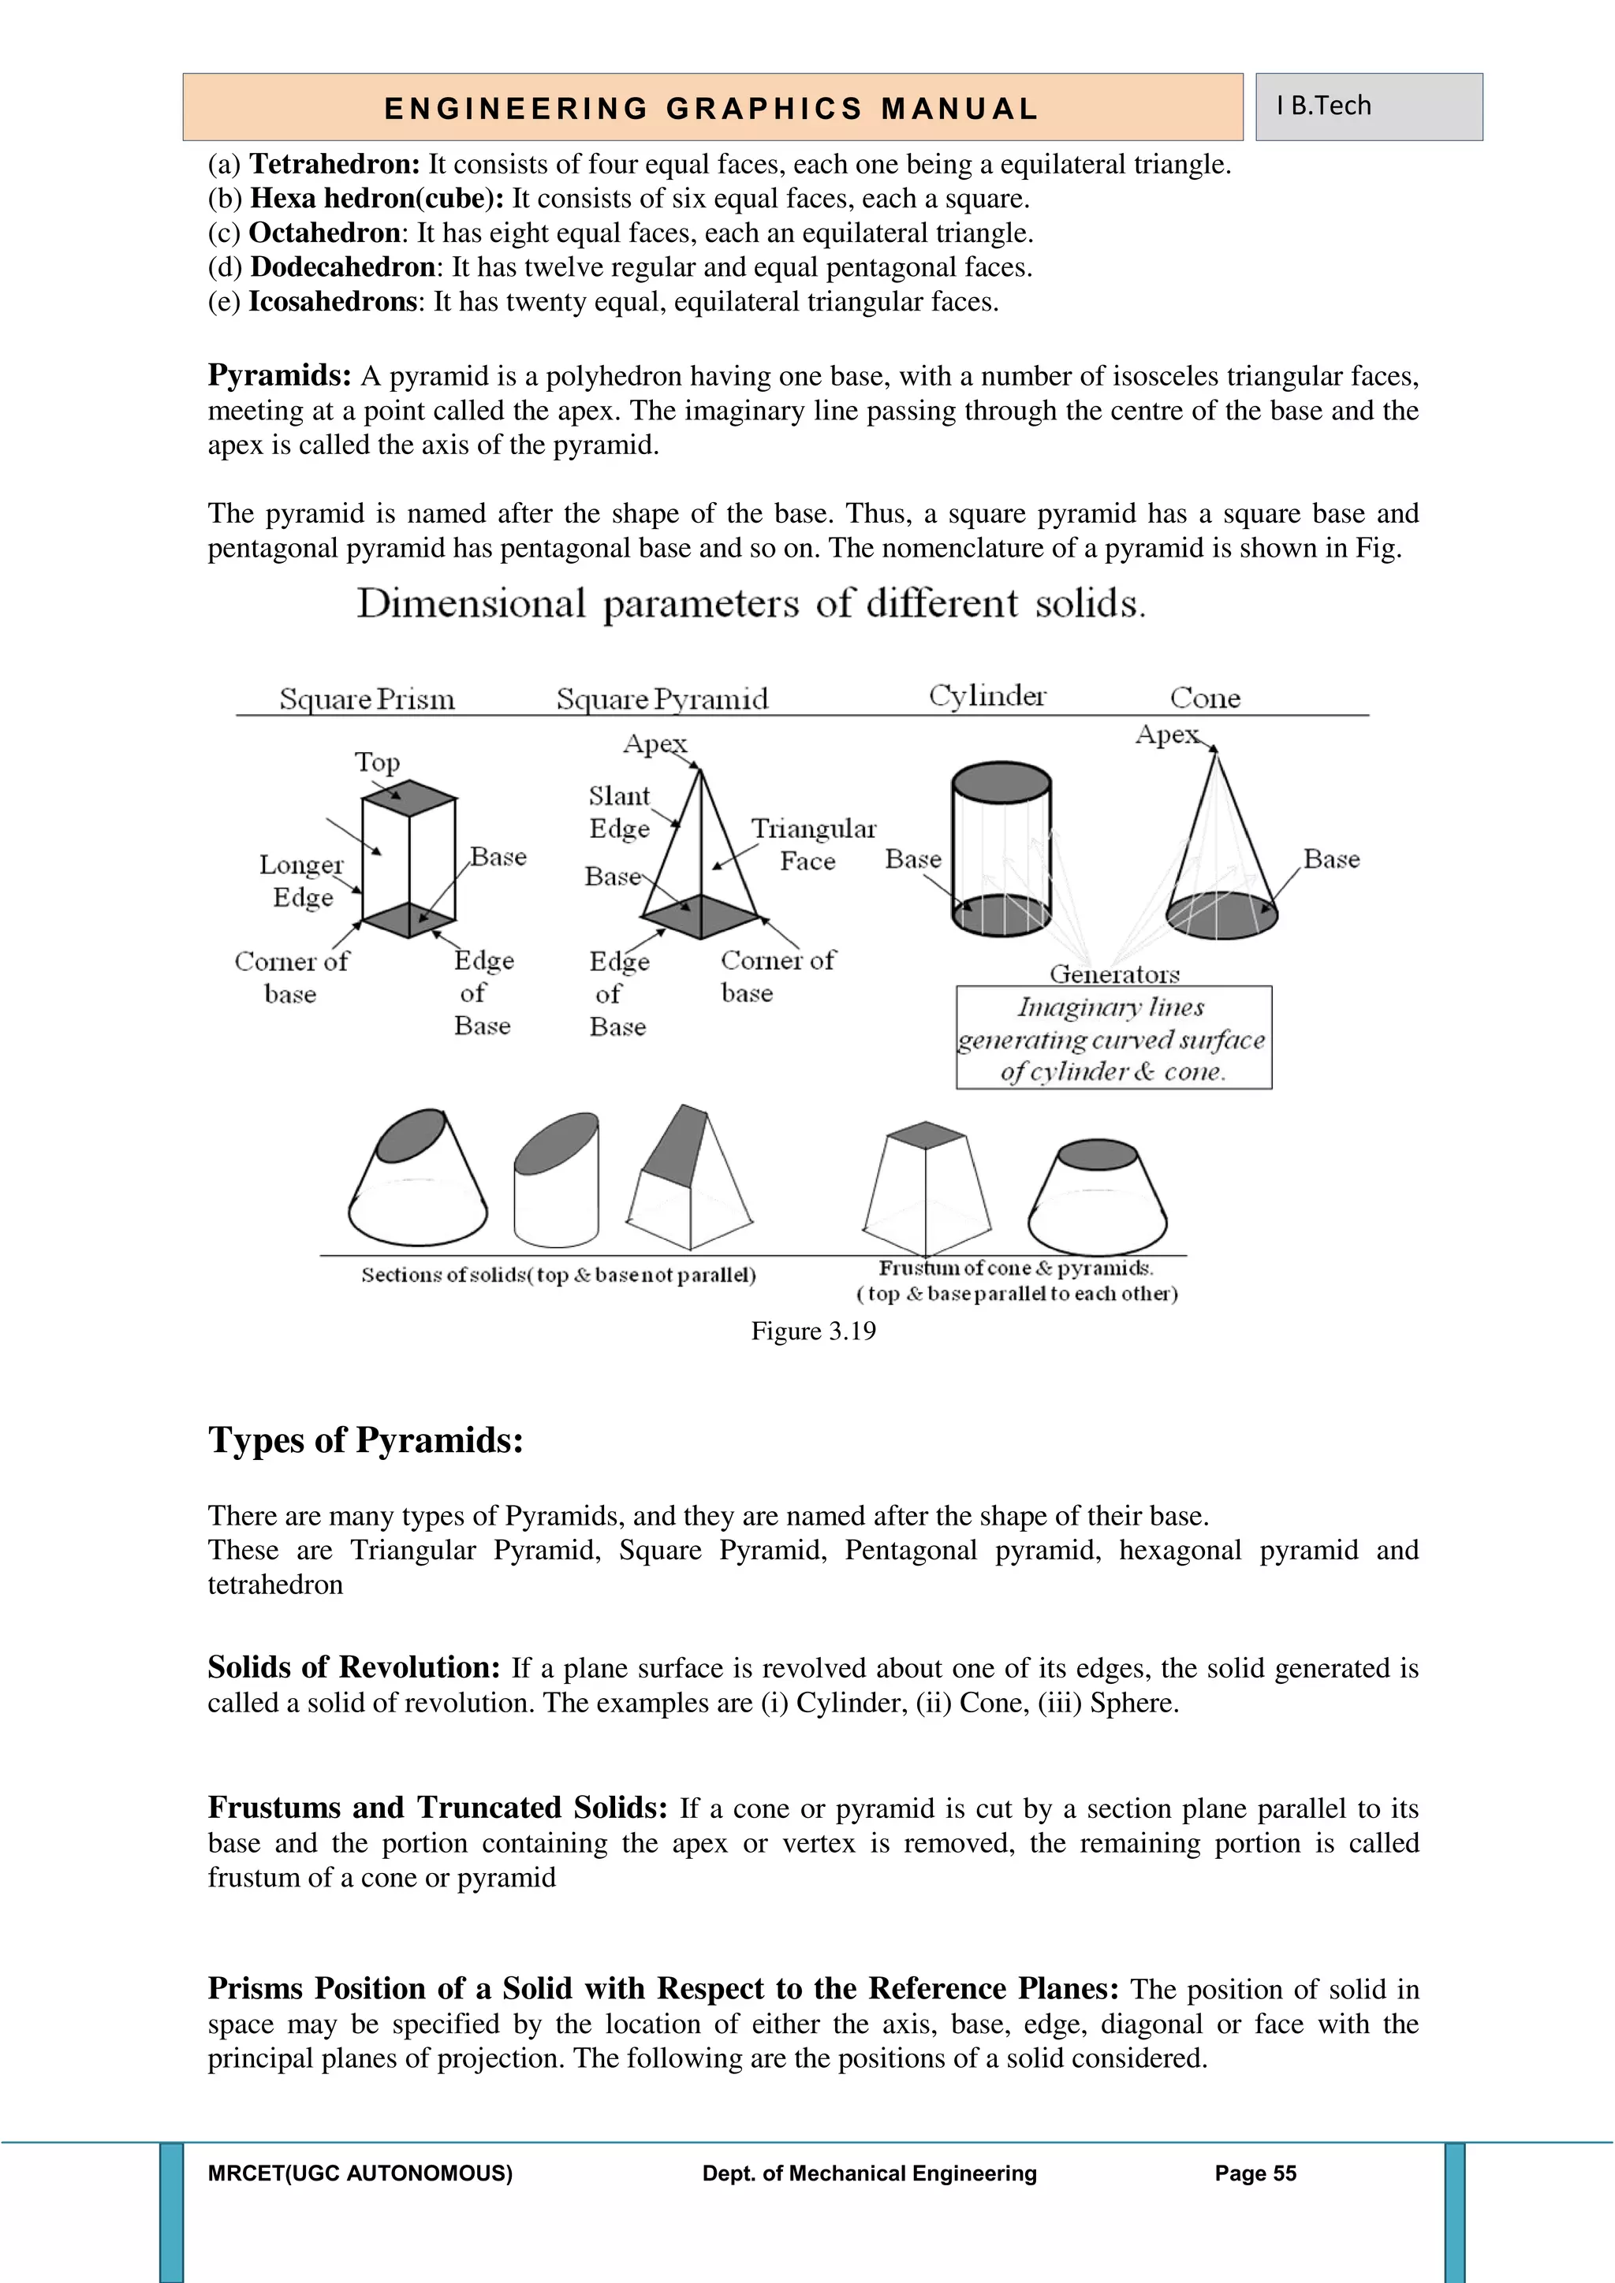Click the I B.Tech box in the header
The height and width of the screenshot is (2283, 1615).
tap(1368, 106)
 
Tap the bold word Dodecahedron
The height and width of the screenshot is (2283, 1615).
tap(342, 267)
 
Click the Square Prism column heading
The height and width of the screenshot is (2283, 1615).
tap(367, 699)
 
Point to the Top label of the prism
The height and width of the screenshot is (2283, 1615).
tap(377, 762)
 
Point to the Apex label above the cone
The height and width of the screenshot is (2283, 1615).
tap(1166, 735)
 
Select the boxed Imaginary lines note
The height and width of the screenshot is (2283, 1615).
tap(1113, 1039)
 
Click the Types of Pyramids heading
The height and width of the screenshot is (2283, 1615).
tap(365, 1439)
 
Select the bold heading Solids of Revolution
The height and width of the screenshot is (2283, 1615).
tap(353, 1667)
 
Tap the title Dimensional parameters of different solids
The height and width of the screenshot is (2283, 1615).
tap(751, 604)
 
